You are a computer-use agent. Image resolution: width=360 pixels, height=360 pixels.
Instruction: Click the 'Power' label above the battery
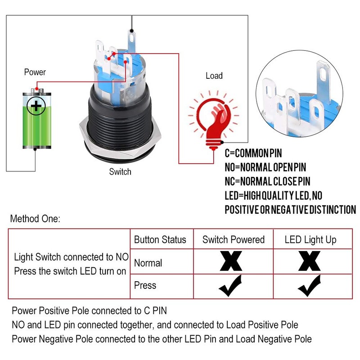pyautogui.click(x=35, y=72)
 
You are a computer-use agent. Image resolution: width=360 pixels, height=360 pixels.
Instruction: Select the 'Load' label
pyautogui.click(x=214, y=76)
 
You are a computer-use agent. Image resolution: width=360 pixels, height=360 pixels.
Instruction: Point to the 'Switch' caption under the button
pyautogui.click(x=120, y=171)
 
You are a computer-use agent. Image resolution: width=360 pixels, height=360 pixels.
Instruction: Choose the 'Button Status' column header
pyautogui.click(x=160, y=239)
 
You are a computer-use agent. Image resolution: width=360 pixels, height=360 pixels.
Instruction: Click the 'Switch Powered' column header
pyautogui.click(x=233, y=239)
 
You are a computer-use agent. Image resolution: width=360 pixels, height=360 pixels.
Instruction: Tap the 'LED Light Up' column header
pyautogui.click(x=310, y=239)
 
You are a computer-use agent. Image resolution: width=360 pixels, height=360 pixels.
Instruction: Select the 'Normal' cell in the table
pyautogui.click(x=148, y=263)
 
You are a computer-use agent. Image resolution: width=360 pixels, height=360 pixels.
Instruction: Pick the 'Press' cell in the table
pyautogui.click(x=145, y=285)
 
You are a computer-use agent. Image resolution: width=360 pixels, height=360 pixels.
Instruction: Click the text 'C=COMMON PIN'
pyautogui.click(x=260, y=153)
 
